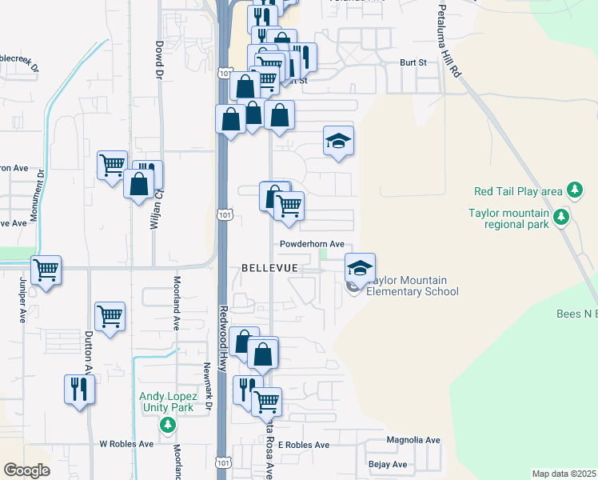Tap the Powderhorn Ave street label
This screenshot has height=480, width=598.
312,244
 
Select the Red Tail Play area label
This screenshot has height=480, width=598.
518,191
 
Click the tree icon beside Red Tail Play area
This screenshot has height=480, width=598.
573,190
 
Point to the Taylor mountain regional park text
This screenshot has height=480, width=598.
508,218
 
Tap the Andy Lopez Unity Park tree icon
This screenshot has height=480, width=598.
167,424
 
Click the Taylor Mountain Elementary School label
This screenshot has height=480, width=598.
413,286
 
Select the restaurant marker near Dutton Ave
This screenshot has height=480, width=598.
79,389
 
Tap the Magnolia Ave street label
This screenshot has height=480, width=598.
413,440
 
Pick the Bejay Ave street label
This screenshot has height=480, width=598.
388,464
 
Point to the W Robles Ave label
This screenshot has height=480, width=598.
126,443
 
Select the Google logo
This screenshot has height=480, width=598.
26,470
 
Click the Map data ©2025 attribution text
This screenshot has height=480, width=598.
564,474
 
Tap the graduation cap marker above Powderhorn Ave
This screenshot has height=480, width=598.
338,141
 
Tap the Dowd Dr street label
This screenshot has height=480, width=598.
159,60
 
